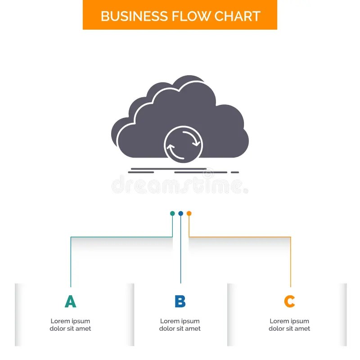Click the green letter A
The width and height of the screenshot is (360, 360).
pyautogui.click(x=70, y=301)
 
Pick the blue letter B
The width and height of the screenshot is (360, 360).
pyautogui.click(x=180, y=301)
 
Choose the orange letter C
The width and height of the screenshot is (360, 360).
pyautogui.click(x=289, y=301)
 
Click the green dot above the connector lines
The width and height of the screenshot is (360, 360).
pyautogui.click(x=172, y=213)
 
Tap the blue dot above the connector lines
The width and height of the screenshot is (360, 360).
pyautogui.click(x=180, y=213)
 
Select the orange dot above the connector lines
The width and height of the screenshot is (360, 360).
pyautogui.click(x=189, y=213)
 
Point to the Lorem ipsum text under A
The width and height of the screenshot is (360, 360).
pyautogui.click(x=70, y=325)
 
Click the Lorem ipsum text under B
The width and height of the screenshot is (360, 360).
pyautogui.click(x=180, y=325)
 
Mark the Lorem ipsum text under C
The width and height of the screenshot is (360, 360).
pyautogui.click(x=289, y=325)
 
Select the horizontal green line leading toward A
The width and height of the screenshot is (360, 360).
pyautogui.click(x=121, y=237)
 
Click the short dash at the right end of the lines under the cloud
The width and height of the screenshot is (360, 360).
pyautogui.click(x=234, y=172)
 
